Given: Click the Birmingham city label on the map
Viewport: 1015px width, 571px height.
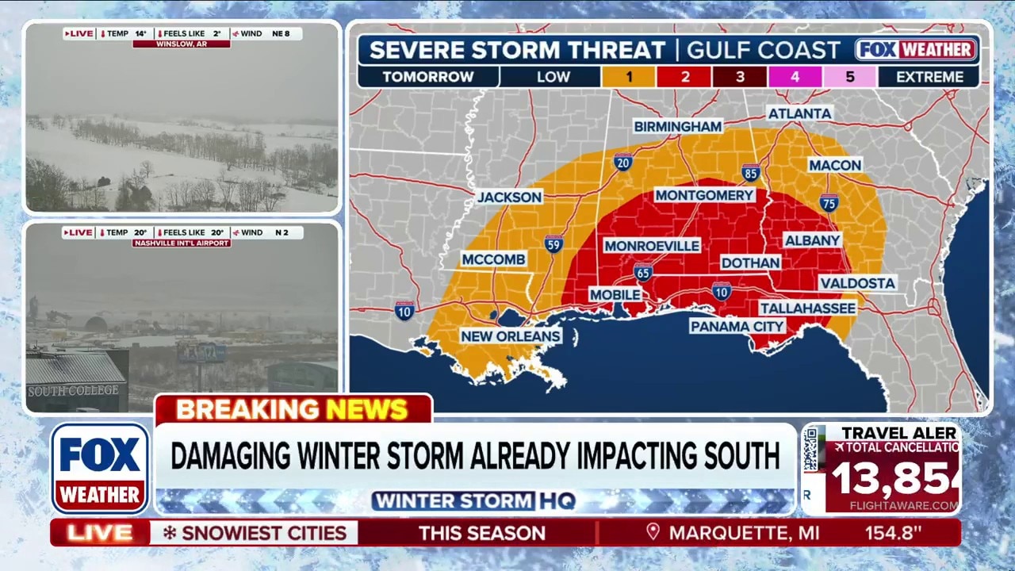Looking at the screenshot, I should point(677,126).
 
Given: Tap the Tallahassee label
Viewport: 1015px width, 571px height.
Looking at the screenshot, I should point(807,308).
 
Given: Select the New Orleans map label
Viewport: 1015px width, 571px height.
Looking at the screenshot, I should point(511,336).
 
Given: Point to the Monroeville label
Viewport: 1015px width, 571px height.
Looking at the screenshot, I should point(652,246).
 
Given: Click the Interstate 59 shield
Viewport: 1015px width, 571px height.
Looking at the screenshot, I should point(554,243).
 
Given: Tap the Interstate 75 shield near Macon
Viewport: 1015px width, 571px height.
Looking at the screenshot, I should point(829,202).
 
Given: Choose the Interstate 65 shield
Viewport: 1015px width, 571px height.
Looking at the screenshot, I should point(643,272).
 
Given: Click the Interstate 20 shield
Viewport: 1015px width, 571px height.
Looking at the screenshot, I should point(623,163).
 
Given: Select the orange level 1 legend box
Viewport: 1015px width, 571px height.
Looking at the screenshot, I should point(628,77).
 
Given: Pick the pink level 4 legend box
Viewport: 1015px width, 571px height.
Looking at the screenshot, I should point(795,77).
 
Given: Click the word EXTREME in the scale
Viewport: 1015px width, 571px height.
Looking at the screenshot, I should point(929,77).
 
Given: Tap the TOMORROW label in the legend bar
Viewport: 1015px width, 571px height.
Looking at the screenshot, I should point(427,77).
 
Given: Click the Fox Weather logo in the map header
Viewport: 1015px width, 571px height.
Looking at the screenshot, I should point(916,49).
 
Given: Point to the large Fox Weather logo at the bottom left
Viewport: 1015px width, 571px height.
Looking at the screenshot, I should point(100,468).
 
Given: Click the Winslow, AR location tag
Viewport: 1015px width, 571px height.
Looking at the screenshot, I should point(181,44).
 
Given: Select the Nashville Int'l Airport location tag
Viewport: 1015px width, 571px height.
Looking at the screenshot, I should point(181,243).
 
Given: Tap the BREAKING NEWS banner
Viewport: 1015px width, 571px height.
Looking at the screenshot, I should point(293,409).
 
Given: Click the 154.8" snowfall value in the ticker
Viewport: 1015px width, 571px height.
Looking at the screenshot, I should point(893,533).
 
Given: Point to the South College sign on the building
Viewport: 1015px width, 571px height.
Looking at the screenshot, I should point(73,390).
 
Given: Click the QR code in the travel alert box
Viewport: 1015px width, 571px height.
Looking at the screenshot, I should point(810,450).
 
